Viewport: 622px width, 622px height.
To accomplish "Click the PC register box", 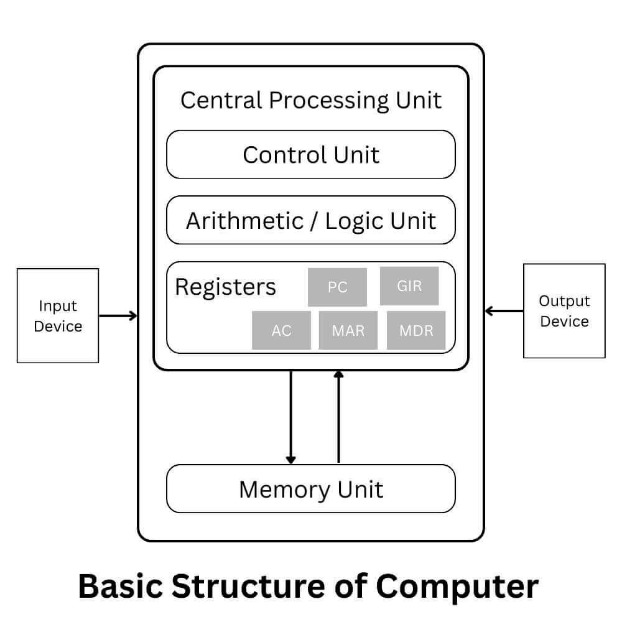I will pos(337,287).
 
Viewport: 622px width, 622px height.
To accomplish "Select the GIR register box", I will pos(409,286).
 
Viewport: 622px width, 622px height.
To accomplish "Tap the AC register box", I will pos(281,330).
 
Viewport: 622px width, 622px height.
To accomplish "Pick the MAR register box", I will pos(348,330).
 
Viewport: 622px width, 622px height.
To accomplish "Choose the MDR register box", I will pos(416,330).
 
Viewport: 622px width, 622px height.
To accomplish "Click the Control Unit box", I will pos(311,154).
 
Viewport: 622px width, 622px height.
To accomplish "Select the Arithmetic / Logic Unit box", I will pos(311,220).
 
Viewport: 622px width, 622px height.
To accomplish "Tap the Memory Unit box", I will pos(311,489).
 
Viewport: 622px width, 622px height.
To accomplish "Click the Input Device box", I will pos(58,315).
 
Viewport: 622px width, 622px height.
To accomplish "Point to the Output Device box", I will pos(564,311).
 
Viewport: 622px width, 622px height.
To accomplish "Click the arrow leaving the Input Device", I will pos(118,315).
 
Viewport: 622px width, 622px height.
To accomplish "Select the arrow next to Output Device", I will pos(504,310).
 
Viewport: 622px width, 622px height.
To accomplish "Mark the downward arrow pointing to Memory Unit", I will pos(290,417).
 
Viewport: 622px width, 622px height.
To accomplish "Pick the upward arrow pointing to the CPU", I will pos(338,417).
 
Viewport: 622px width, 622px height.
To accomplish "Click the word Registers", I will pos(225,287).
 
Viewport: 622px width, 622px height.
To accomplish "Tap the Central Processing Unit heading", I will pos(311,100).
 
